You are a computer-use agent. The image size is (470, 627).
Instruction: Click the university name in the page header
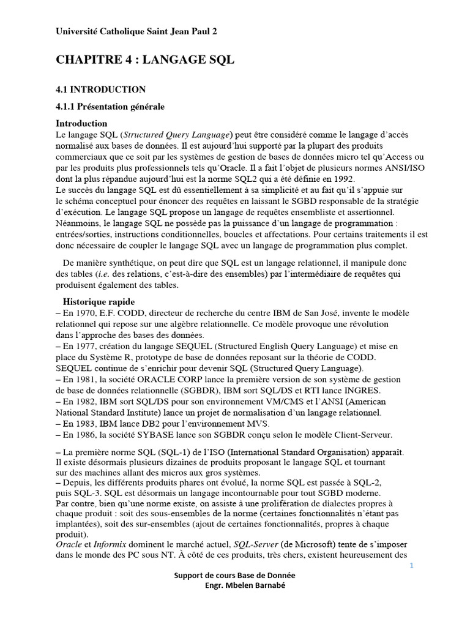click(x=136, y=32)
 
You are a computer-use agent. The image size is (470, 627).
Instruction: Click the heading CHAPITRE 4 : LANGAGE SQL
click(x=145, y=60)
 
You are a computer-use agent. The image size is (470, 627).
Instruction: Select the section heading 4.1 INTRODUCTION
click(x=101, y=89)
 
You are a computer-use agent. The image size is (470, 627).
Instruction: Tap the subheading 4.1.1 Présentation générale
click(x=110, y=107)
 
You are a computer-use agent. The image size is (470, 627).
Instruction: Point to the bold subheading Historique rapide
click(x=99, y=302)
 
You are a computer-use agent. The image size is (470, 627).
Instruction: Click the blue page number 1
click(x=412, y=566)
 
